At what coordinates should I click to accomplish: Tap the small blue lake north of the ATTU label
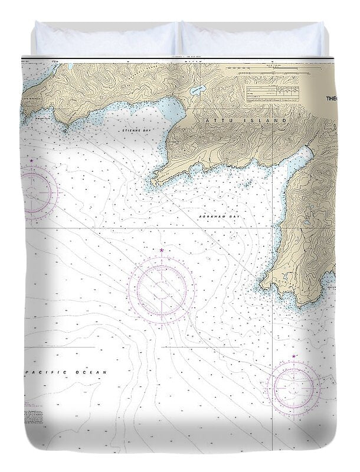click(x=197, y=90)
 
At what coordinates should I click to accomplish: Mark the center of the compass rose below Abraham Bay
click(x=162, y=290)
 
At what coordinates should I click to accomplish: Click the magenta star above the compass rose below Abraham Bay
click(x=162, y=251)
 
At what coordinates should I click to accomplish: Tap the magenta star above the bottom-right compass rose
click(x=294, y=356)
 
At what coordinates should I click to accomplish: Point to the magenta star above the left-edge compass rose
click(x=31, y=160)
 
